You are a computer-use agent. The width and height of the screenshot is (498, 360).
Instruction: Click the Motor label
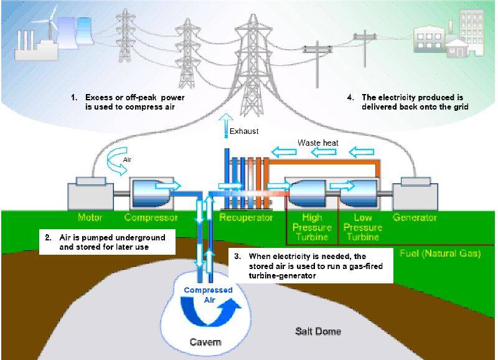click(90, 218)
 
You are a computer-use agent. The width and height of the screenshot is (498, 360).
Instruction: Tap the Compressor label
click(151, 218)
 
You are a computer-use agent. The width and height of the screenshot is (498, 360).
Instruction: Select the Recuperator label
click(246, 218)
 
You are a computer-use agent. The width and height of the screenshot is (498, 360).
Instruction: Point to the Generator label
click(415, 218)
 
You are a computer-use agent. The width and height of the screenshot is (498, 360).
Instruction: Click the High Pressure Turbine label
click(311, 227)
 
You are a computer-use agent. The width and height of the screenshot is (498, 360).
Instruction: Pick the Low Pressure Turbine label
click(363, 227)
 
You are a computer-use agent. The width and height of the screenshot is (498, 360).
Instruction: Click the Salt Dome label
click(317, 331)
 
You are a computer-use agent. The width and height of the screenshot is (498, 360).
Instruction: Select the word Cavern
click(205, 343)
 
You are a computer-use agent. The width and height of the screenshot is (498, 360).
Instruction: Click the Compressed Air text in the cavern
click(208, 295)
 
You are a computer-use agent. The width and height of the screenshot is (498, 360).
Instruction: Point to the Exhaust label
click(243, 131)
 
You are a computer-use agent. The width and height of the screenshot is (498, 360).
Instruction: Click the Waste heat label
click(317, 143)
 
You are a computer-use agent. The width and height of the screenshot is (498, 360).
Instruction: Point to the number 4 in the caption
click(350, 98)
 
